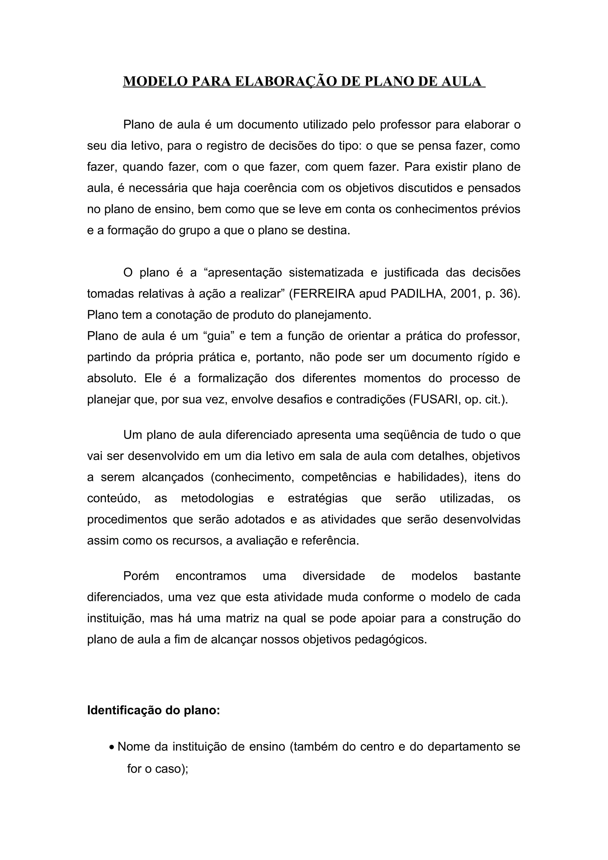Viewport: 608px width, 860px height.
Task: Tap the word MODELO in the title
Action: click(156, 82)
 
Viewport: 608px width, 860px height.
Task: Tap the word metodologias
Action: click(217, 499)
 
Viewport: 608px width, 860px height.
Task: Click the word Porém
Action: click(141, 576)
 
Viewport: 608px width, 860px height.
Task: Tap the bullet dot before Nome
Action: click(112, 748)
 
